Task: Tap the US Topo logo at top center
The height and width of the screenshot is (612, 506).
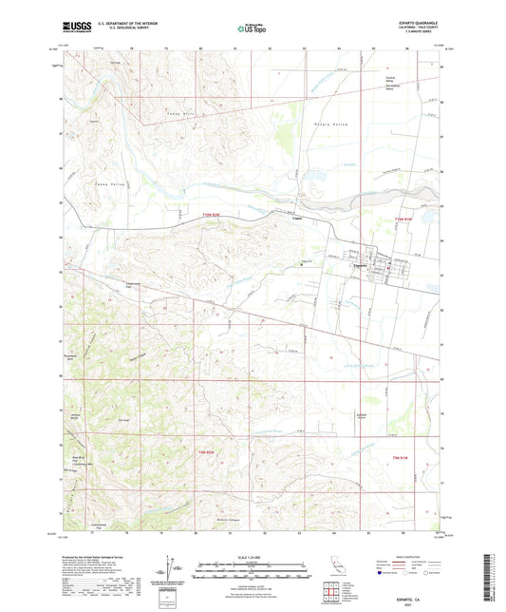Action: point(252,29)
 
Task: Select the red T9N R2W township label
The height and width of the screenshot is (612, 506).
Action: point(208,451)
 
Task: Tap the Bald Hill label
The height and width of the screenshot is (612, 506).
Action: point(123,421)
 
